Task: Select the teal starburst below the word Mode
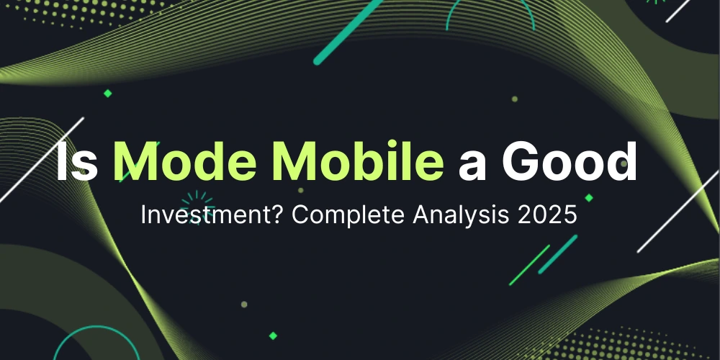(x=195, y=201)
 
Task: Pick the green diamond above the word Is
(x=108, y=93)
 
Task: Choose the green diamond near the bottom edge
(x=273, y=336)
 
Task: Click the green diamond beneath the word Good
(x=589, y=197)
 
